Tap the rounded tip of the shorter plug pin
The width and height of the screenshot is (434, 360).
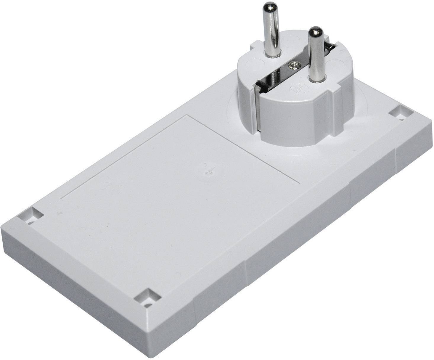click(x=315, y=31)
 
